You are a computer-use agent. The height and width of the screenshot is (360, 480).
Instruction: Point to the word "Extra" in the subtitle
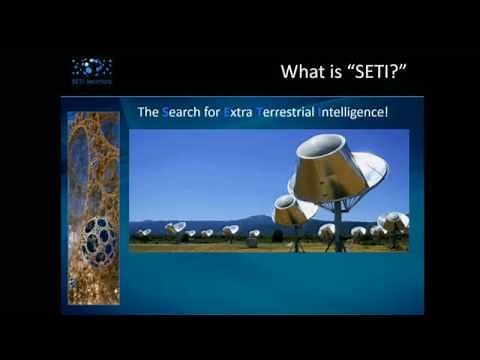[237, 113]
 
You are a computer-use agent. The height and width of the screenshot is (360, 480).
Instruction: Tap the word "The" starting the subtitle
[147, 113]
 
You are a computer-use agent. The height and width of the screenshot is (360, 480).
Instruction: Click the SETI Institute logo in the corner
[91, 69]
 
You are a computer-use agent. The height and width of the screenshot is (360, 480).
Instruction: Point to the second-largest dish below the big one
[290, 211]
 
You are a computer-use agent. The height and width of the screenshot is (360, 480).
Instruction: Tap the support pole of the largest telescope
[338, 225]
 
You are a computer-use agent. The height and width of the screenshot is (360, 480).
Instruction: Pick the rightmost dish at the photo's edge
[395, 222]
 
